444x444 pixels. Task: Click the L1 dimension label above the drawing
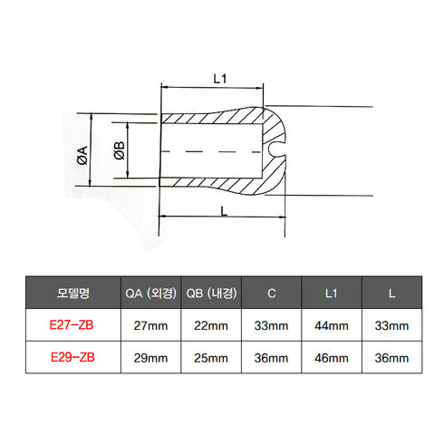point(218,78)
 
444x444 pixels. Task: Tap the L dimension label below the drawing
point(223,209)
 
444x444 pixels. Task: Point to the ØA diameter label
point(81,155)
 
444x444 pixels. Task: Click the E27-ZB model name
point(72,324)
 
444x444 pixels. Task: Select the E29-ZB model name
point(72,357)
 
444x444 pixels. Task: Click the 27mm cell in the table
point(150,324)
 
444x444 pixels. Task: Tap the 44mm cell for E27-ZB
point(332,324)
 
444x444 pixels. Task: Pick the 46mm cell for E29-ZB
point(332,357)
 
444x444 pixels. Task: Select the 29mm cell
point(150,357)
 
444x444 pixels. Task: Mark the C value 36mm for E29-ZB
point(272,357)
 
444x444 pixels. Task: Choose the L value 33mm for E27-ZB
point(391,324)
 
